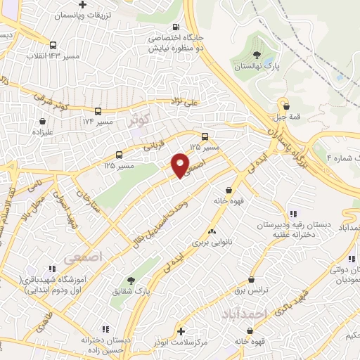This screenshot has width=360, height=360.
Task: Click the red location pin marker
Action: [181, 165]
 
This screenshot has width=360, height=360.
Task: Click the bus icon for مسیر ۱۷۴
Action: [98, 111]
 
